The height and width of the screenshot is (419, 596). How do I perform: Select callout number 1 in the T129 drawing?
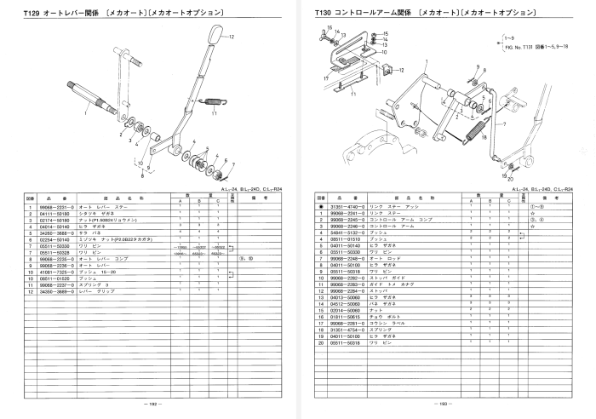tap(86, 112)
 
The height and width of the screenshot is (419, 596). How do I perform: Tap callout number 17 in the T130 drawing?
tap(326, 77)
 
